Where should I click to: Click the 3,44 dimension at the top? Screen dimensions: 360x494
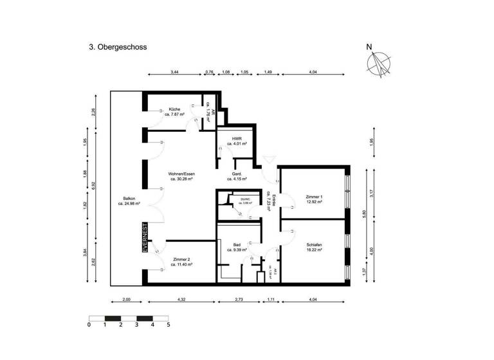[174, 73]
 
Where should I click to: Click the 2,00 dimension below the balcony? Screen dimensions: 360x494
[126, 300]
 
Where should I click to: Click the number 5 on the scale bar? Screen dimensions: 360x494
[169, 325]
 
